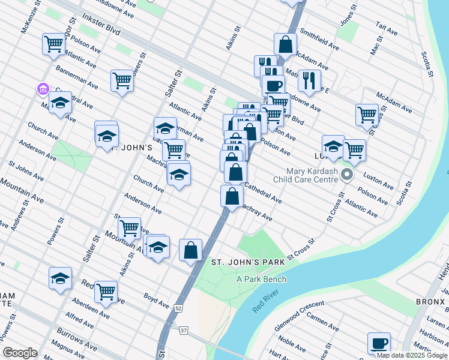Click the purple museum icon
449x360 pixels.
[43, 89]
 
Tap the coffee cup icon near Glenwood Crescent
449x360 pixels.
[379, 344]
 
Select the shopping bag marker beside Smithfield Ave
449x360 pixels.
[286, 44]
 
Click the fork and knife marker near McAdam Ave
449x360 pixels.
[309, 80]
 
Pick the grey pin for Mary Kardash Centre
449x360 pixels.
[347, 175]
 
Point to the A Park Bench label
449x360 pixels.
[261, 279]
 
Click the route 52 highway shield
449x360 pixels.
[179, 308]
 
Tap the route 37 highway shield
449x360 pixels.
[184, 331]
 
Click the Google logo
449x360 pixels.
[20, 353]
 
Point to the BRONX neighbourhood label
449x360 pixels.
[431, 301]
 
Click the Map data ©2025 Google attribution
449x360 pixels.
[412, 355]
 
